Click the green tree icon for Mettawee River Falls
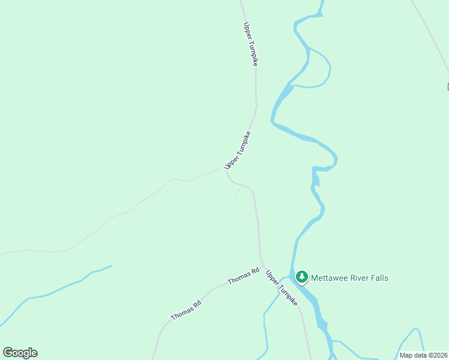302,277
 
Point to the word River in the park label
360,278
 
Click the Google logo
20,353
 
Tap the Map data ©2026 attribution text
424,355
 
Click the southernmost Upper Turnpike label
282,288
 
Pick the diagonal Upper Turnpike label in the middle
237,150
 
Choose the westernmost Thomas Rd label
186,309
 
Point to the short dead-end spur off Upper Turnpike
239,190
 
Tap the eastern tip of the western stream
111,266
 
